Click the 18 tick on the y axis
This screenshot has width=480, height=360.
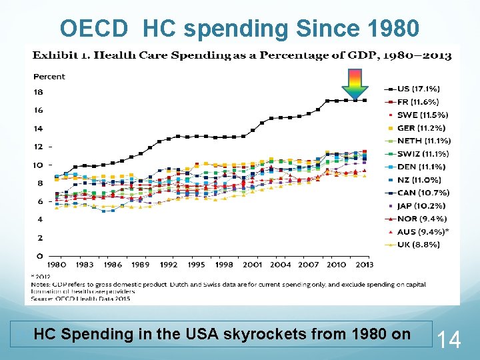point(38,92)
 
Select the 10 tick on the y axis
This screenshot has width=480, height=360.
point(38,165)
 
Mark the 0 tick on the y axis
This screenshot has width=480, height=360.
point(40,256)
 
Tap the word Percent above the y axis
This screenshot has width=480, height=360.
point(49,77)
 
